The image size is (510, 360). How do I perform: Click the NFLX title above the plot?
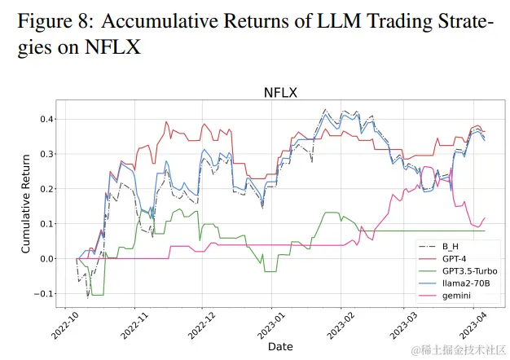(279, 93)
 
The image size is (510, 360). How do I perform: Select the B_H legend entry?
(451, 246)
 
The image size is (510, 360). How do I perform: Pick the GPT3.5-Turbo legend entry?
(470, 270)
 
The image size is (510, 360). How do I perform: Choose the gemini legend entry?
(457, 295)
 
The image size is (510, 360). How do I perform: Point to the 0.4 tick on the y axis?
(48, 119)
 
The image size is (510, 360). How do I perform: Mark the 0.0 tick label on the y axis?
(48, 259)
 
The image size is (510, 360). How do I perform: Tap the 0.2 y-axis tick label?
(48, 189)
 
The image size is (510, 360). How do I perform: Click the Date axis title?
(280, 347)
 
